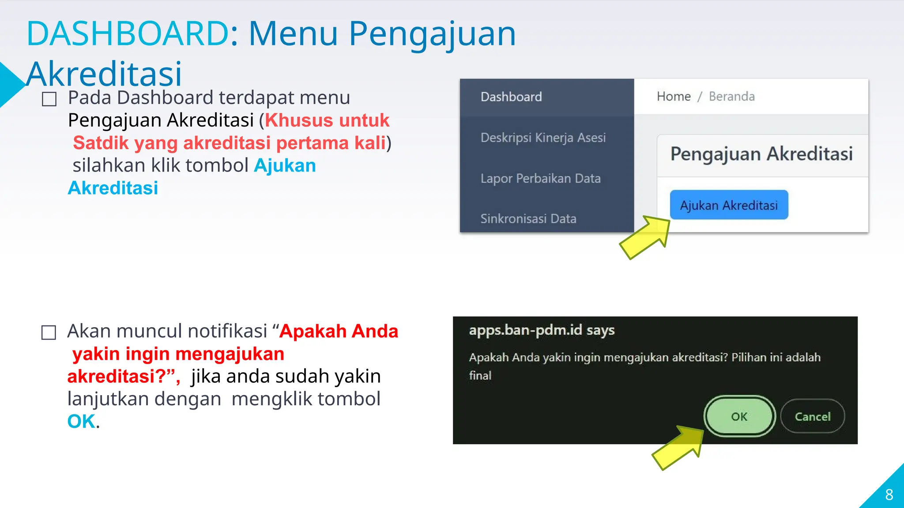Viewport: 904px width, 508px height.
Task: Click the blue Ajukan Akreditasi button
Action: (x=729, y=205)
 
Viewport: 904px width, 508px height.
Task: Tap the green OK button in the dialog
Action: (x=739, y=416)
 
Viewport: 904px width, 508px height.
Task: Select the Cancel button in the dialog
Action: (x=812, y=416)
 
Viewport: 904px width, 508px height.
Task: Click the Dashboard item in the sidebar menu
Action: (x=511, y=97)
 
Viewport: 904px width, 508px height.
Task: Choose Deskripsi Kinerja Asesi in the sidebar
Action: (x=543, y=138)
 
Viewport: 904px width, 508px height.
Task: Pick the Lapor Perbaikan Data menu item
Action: (x=540, y=179)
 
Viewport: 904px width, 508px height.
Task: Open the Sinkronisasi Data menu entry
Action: (x=528, y=219)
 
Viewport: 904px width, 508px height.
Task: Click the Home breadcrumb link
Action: (x=674, y=97)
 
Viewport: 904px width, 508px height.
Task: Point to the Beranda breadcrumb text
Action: (x=732, y=97)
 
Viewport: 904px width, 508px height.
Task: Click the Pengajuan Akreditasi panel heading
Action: (x=761, y=154)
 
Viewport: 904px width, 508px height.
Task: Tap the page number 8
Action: (x=889, y=495)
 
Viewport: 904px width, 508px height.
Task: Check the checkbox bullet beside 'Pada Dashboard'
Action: (x=49, y=99)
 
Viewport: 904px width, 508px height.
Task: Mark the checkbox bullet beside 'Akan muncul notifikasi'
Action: (x=49, y=332)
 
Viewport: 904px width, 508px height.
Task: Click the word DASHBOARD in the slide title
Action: (x=128, y=34)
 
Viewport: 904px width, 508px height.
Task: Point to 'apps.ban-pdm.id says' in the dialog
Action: (x=542, y=330)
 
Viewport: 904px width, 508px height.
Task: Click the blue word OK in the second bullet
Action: (x=81, y=422)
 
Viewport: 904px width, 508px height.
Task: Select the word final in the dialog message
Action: (x=480, y=376)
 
